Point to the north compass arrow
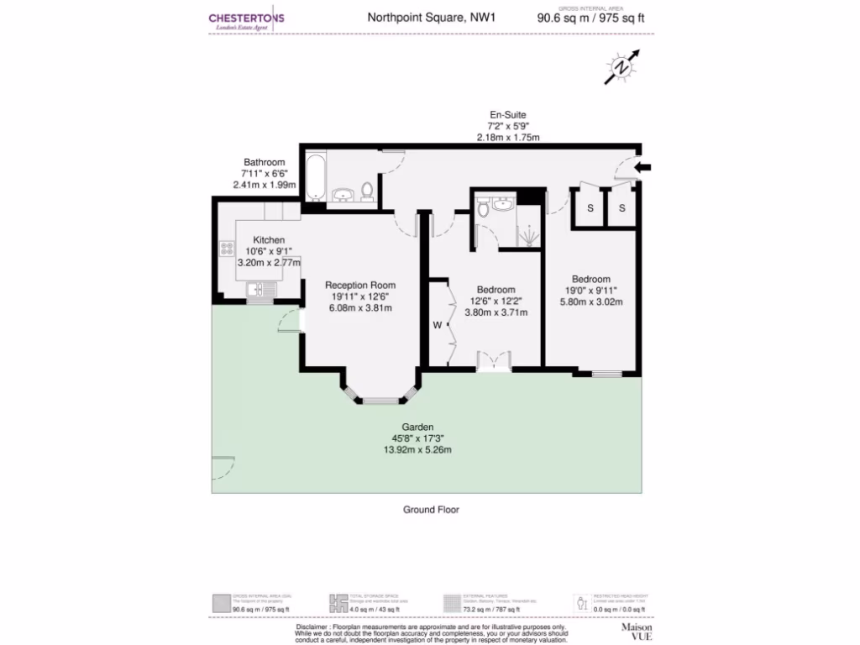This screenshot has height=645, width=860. (x=621, y=67)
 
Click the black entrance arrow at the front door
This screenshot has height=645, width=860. (x=642, y=168)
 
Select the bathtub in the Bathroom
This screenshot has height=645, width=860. (x=315, y=176)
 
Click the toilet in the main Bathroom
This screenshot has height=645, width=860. (x=367, y=191)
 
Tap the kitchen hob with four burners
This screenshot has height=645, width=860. (x=226, y=248)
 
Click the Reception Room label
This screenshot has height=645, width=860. (x=359, y=285)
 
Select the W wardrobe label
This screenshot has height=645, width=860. (x=437, y=324)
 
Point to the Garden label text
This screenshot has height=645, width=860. (x=417, y=427)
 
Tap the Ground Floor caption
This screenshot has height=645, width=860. (x=431, y=509)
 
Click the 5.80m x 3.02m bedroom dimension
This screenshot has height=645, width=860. (x=591, y=302)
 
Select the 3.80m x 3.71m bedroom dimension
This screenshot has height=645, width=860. (x=496, y=312)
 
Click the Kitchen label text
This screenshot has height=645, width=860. (x=269, y=239)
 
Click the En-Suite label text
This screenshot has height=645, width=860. (x=509, y=114)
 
